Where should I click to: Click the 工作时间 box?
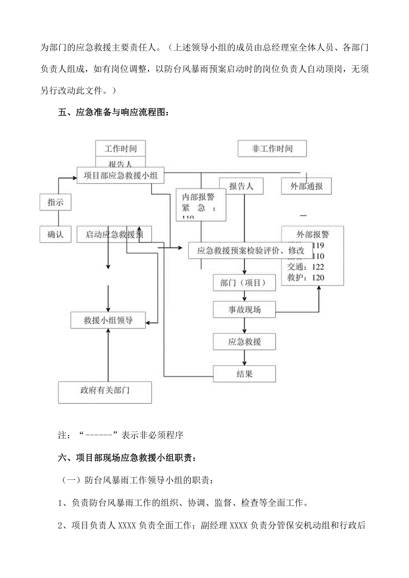coord(120,148)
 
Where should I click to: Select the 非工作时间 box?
coord(272,149)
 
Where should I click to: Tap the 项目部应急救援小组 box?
coord(120,175)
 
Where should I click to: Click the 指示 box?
coord(56,203)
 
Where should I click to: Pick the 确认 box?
coord(56,234)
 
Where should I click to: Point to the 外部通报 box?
coord(306,186)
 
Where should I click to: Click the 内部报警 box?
coord(201,204)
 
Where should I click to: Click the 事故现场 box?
coord(245,310)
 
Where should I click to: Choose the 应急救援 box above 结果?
coord(245,342)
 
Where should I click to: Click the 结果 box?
coord(245,374)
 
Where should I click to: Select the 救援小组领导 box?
coord(108,320)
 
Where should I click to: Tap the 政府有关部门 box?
coord(105,391)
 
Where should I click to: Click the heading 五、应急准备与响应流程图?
coord(114,112)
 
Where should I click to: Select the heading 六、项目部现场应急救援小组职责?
coord(126,457)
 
